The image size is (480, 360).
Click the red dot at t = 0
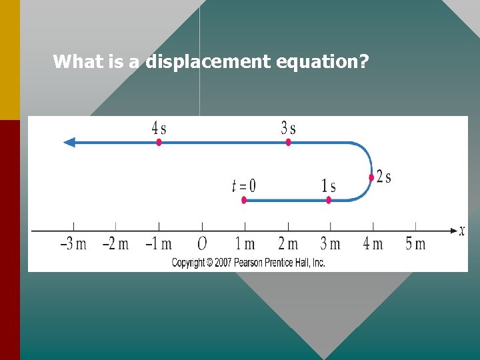[244, 200]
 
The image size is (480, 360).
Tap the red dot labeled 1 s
[329, 200]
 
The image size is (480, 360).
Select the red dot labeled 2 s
[371, 177]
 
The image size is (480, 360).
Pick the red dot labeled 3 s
[288, 142]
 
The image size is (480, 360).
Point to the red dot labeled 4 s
[159, 142]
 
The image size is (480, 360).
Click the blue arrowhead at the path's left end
[69, 142]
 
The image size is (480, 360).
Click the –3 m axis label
[73, 244]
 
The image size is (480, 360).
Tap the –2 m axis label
[115, 244]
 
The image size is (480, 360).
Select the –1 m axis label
[159, 244]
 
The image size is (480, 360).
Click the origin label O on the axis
[202, 244]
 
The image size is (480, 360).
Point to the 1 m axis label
[245, 244]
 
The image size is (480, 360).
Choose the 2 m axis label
[288, 244]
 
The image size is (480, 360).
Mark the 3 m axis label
[331, 244]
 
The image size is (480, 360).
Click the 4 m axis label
[373, 244]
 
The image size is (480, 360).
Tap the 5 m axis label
[415, 244]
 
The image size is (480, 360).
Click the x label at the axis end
[462, 231]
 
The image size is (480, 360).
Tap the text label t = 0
[243, 185]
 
